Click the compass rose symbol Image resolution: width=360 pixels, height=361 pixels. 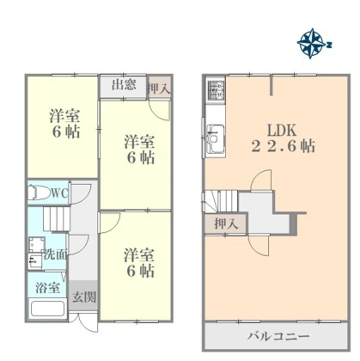point(311,43)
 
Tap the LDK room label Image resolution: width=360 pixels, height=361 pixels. point(282,130)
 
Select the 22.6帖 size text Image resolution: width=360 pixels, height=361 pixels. point(283,146)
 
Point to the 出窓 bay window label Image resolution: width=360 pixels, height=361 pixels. point(124,84)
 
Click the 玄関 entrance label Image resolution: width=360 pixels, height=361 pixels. point(84,297)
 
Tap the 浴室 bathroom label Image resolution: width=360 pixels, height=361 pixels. point(48,288)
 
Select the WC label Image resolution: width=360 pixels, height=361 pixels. point(60,193)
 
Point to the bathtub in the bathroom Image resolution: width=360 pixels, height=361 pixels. point(48,309)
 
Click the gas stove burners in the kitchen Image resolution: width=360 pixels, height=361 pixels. point(216,91)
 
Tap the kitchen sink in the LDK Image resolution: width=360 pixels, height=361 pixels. point(215,139)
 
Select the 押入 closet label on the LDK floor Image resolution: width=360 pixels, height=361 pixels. point(226,223)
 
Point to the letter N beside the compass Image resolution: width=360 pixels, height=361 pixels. point(329,45)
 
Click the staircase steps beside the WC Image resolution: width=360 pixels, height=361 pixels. point(57,219)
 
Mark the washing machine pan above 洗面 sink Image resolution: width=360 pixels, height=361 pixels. point(37,245)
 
